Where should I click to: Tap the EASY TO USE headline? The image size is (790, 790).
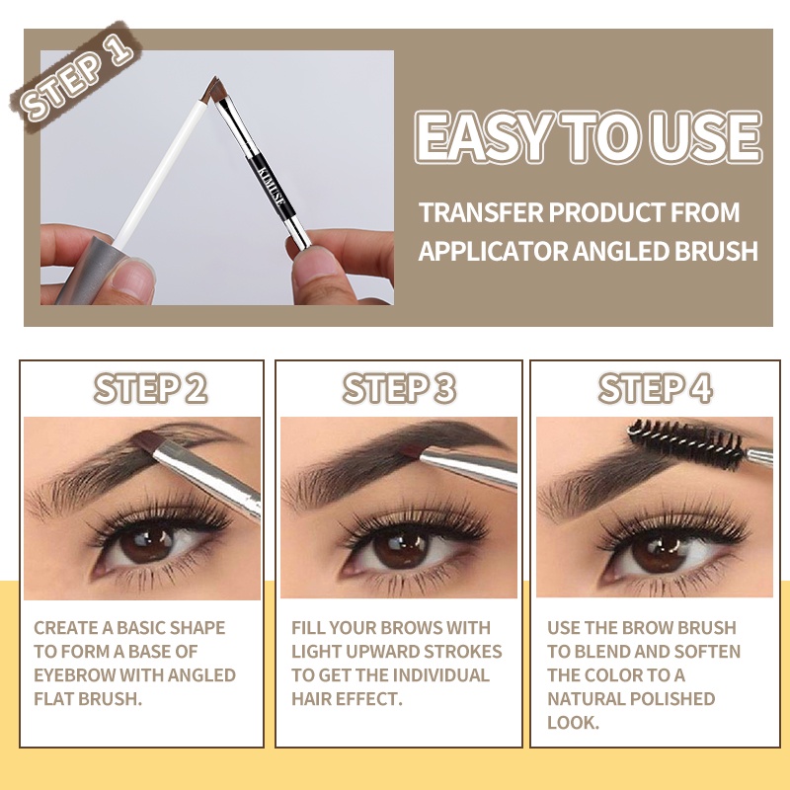[x=589, y=137]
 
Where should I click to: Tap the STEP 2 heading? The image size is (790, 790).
[x=150, y=388]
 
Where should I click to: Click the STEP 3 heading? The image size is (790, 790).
[x=399, y=388]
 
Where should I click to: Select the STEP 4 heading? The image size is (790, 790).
[x=656, y=388]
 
